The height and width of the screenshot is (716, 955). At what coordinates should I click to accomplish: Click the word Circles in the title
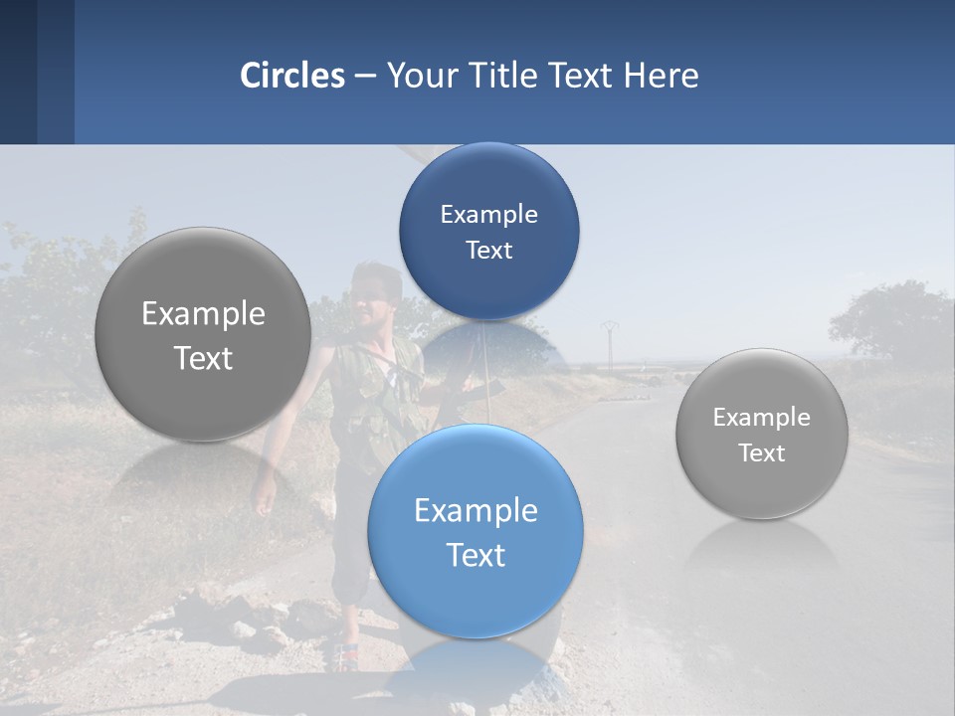coord(291,76)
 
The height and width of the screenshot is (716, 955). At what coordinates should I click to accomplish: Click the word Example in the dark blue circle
coord(488,214)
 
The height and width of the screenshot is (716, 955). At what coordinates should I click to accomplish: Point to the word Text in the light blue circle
coord(476,555)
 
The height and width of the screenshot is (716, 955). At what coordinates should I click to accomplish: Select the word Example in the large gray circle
coord(203,314)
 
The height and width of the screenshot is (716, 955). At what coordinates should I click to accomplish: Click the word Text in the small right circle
coord(761,453)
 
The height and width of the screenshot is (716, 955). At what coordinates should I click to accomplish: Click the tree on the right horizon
coord(885,318)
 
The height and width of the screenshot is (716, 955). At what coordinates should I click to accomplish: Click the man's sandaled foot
coord(344,656)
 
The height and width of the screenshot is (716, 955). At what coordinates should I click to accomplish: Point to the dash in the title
coord(365,77)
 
